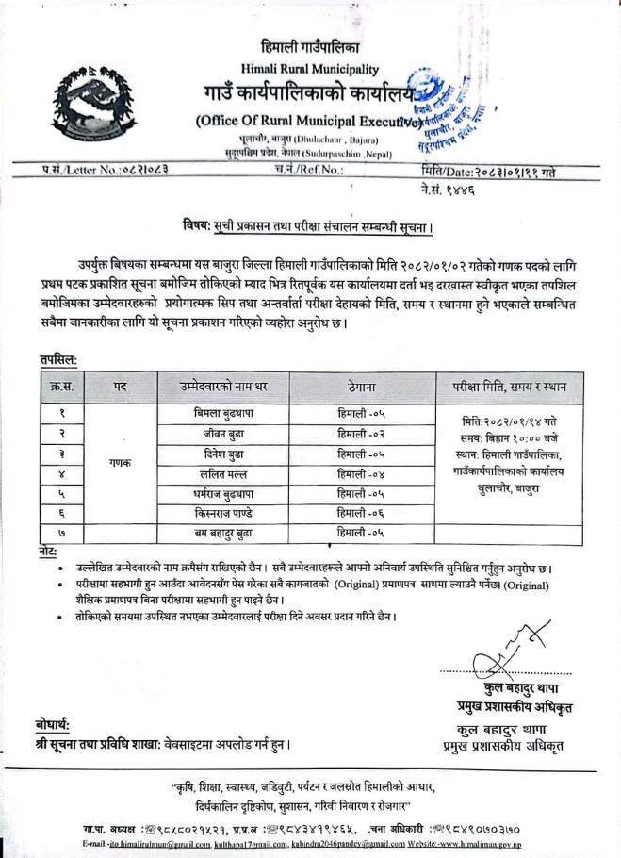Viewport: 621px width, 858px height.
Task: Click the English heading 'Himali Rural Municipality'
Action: pyautogui.click(x=310, y=69)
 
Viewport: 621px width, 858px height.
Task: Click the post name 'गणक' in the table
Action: pyautogui.click(x=120, y=463)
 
